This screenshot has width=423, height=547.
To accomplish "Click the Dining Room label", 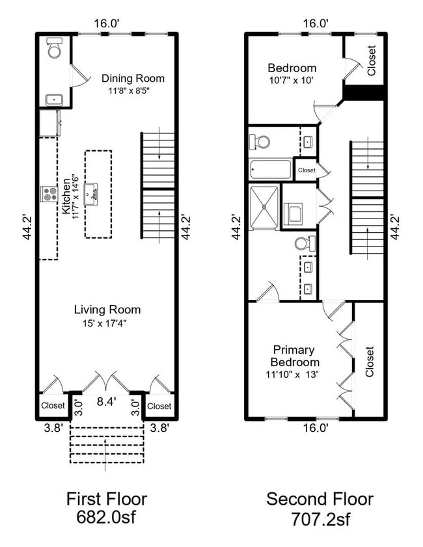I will pos(133,78).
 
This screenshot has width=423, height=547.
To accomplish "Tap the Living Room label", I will pos(107,310).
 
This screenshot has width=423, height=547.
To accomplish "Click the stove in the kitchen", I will pos(49,194).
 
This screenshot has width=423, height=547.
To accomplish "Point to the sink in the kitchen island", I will pos(92,193).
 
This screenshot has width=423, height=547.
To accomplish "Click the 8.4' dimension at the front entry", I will pos(107,403).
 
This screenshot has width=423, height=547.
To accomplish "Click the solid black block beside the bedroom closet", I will pos(364,93).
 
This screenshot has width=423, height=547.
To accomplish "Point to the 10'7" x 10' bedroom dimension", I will pos(292,81).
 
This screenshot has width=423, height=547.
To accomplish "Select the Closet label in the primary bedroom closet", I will pos(370,362).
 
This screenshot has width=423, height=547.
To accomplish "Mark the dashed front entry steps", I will pos(107,444).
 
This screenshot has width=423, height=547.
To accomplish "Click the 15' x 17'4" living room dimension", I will pos(107,323).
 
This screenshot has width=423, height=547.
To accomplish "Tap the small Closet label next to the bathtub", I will pos(307,170).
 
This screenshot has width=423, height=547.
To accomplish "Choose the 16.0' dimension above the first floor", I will pos(107,23).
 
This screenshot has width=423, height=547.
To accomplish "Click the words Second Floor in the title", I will pos(320,499).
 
